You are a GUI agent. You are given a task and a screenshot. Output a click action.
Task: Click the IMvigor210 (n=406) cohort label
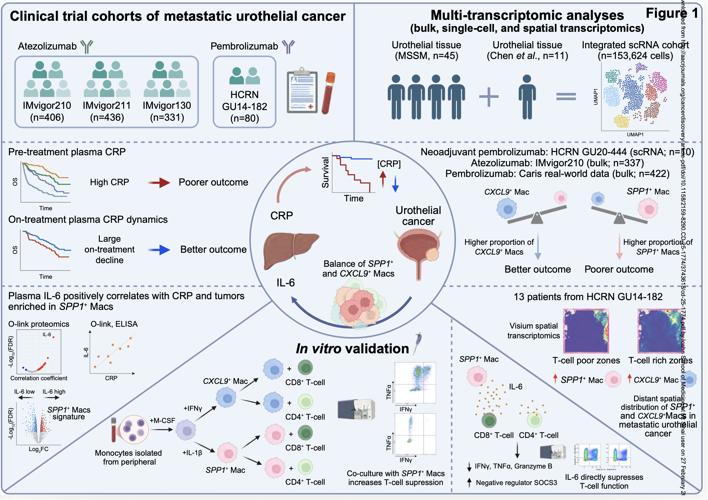(x=47, y=111)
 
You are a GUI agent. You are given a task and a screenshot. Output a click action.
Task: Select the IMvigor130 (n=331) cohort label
(x=167, y=111)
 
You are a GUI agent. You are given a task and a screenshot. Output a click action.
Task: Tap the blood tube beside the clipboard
(x=328, y=93)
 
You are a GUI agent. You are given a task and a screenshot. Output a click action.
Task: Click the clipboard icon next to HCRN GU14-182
(x=302, y=92)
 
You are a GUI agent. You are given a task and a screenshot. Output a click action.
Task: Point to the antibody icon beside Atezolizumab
(x=87, y=46)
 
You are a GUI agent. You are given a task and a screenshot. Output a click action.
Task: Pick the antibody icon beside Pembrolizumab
(x=289, y=46)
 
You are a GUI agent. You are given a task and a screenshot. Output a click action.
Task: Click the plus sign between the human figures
(x=489, y=97)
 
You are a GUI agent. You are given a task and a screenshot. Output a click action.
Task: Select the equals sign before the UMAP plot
(x=566, y=97)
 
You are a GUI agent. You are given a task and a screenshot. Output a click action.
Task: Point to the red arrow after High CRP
(x=159, y=182)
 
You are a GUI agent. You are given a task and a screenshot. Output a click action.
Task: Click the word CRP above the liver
(x=282, y=215)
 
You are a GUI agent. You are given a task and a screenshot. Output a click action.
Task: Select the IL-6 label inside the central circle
(x=286, y=283)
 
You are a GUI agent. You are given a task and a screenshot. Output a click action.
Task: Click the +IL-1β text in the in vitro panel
(x=192, y=452)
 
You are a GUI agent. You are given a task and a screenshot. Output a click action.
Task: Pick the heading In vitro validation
(x=352, y=349)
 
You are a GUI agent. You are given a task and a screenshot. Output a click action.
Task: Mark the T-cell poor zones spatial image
(x=586, y=331)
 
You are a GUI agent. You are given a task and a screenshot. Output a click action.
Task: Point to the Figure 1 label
(x=672, y=13)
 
